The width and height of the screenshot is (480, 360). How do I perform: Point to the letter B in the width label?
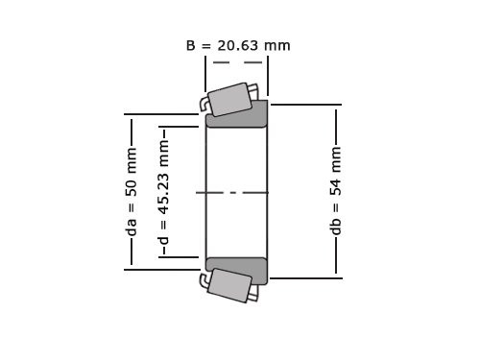click(190, 45)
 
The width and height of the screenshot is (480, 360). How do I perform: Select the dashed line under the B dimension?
click(236, 63)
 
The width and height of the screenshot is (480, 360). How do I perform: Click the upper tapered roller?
click(230, 100)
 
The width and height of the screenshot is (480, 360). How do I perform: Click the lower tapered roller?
click(228, 285)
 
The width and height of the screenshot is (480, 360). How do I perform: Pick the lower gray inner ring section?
click(237, 270)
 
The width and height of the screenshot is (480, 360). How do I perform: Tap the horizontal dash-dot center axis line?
click(236, 192)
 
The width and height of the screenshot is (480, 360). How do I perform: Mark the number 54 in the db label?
click(336, 183)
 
